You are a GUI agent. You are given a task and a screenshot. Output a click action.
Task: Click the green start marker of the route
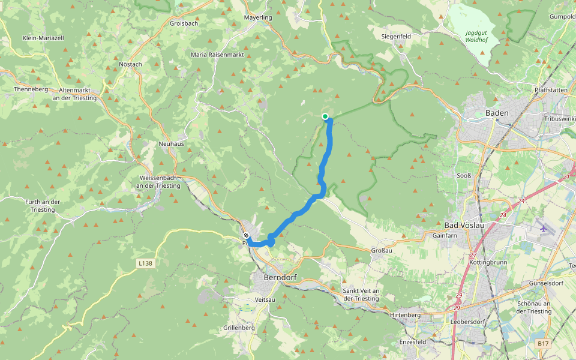[x=325, y=116]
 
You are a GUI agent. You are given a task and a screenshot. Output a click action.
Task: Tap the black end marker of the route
[x=246, y=235]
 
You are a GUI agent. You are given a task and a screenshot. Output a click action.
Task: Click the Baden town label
[x=497, y=113]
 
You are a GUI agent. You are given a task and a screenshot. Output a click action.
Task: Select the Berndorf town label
[x=280, y=278]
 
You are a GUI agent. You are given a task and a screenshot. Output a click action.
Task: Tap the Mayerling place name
[x=258, y=17]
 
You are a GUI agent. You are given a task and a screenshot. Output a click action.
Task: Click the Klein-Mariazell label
[x=43, y=37]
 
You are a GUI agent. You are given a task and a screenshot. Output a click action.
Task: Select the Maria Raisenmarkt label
[x=217, y=54]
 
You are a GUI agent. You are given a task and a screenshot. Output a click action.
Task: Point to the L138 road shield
[x=145, y=263]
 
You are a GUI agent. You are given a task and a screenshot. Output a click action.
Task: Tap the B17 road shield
[x=543, y=343]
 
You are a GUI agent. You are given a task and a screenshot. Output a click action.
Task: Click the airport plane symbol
[x=544, y=228]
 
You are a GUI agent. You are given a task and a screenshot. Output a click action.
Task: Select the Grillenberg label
[x=239, y=328]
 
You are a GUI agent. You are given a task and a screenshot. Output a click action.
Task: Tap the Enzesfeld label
[x=412, y=341]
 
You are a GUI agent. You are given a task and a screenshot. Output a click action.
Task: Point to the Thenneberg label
[x=31, y=89]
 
